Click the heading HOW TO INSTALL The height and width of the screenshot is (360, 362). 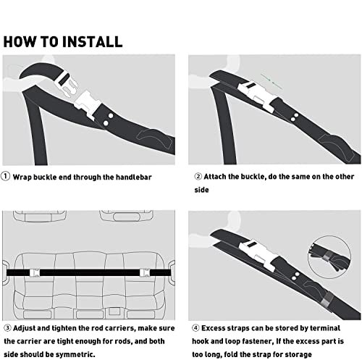[x=63, y=41]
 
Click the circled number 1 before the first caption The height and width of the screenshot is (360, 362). [x=5, y=176]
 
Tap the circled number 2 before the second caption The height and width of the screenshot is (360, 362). [x=198, y=177]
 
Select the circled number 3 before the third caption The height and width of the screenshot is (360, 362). [x=8, y=328]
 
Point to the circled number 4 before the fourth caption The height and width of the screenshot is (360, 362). [x=195, y=328]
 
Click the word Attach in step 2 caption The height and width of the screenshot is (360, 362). [x=215, y=177]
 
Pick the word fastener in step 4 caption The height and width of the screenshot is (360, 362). [x=258, y=341]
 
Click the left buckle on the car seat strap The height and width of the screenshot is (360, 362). [x=35, y=272]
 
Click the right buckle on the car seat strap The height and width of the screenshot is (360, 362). [x=145, y=272]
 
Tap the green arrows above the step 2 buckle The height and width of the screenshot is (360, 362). [x=271, y=82]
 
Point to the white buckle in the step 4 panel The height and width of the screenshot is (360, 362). [x=258, y=254]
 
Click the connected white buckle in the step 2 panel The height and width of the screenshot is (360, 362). [x=257, y=96]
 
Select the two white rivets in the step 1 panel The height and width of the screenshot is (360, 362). [x=108, y=120]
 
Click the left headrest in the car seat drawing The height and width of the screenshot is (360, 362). [x=40, y=216]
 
